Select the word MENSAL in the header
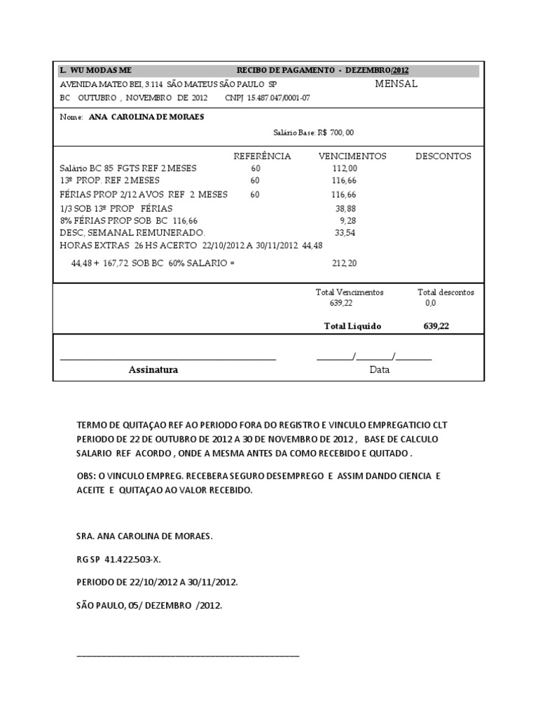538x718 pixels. (396, 83)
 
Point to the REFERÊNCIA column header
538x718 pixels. (261, 156)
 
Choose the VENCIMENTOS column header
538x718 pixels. (352, 156)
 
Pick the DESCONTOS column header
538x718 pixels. (443, 156)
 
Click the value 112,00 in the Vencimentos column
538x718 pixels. (345, 168)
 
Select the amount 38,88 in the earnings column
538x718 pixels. (346, 208)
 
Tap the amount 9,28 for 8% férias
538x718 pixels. (347, 220)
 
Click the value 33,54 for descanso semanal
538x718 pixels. (346, 232)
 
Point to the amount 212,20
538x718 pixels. (344, 264)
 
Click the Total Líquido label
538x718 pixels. (352, 326)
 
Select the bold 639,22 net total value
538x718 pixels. (436, 326)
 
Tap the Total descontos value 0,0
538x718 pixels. (430, 303)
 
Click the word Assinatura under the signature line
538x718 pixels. (153, 370)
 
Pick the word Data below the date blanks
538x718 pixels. (379, 370)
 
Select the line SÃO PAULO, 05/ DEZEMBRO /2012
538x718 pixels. (149, 604)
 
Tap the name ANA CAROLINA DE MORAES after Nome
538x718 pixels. (147, 117)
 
